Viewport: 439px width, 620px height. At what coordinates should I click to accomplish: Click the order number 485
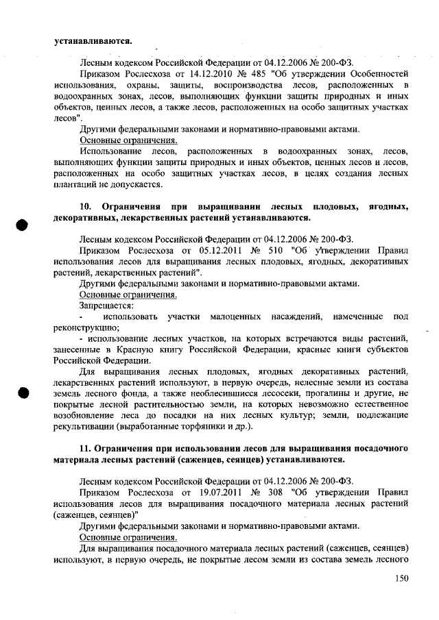[269, 72]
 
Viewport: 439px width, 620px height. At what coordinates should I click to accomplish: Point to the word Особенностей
[380, 72]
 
